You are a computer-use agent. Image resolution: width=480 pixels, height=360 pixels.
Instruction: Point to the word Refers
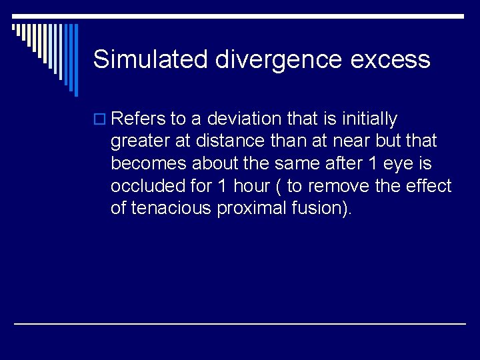138,119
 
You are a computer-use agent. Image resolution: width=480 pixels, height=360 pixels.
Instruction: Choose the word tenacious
172,208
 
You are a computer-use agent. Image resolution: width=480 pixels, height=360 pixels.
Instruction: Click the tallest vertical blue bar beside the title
75,60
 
